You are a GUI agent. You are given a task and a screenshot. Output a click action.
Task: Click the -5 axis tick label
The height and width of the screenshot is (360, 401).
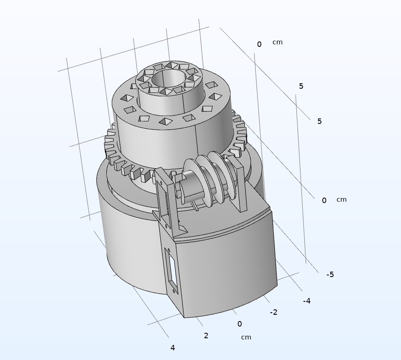click(330, 275)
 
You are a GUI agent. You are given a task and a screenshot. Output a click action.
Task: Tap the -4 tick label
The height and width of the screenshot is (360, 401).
click(307, 301)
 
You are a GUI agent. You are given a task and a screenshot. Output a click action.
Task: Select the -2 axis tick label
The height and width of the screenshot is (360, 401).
click(273, 312)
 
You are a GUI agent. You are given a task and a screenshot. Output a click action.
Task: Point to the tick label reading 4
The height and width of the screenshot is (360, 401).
click(172, 348)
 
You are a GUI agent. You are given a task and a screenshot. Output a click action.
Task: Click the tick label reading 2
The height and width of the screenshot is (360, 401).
click(206, 336)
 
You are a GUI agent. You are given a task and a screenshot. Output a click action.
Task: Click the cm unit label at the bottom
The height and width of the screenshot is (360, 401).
click(246, 337)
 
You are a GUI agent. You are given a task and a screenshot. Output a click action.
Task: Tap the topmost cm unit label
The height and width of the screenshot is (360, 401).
click(278, 42)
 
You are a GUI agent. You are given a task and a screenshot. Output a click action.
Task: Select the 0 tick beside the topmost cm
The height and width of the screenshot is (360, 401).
click(260, 44)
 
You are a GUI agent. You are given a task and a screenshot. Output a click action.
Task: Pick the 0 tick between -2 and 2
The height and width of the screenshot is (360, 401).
click(239, 324)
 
